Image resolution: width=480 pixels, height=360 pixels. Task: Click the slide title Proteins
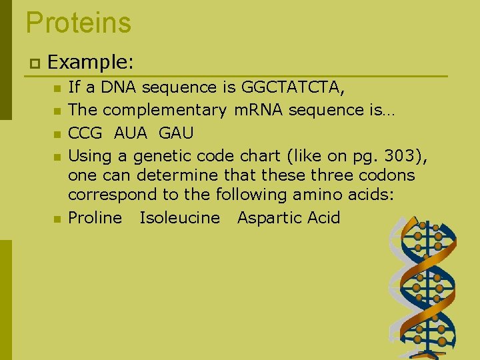(79, 23)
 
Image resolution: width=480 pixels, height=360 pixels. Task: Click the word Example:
(91, 63)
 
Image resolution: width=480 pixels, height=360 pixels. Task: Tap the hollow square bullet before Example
(33, 63)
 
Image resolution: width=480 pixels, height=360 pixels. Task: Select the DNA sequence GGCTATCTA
(293, 87)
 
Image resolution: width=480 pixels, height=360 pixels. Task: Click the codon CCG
(85, 133)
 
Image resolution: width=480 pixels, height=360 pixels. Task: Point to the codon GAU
(176, 133)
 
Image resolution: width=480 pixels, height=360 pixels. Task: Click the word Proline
(95, 218)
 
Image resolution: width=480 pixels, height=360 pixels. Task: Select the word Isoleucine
(179, 218)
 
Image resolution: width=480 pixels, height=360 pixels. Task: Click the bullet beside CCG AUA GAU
(58, 134)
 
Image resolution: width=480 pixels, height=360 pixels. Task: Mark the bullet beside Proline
(58, 219)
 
